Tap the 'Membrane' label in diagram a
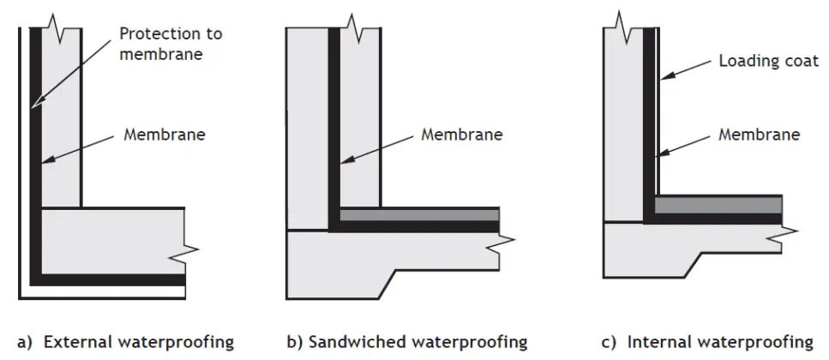(165, 135)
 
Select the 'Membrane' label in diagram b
(462, 135)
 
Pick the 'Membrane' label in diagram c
(759, 135)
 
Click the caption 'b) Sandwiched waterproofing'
(406, 342)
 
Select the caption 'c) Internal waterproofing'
(707, 342)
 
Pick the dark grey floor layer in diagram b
(420, 214)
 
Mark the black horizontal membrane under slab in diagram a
(111, 279)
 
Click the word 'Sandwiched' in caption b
(348, 342)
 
